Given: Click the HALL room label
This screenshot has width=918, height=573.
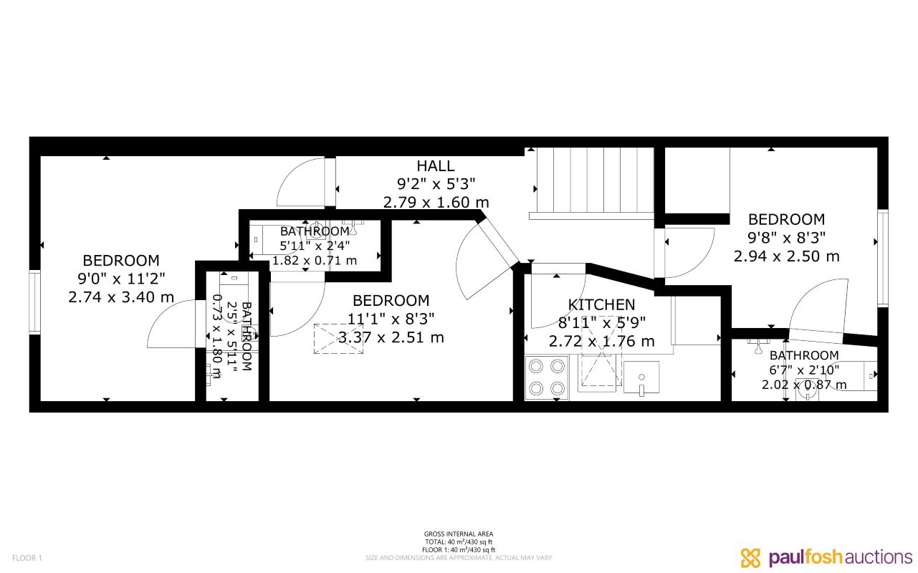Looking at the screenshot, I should click(436, 166).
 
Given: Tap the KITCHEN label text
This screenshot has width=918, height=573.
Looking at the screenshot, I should click(601, 305).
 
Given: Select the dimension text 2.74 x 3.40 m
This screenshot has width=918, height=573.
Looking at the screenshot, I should click(121, 297).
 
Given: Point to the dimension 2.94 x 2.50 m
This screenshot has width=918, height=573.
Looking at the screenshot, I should click(786, 256).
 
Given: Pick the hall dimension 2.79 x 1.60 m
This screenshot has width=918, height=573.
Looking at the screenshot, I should click(436, 203).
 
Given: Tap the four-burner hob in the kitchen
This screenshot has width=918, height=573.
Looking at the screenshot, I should click(547, 377).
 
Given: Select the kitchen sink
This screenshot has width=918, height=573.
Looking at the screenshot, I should click(641, 378).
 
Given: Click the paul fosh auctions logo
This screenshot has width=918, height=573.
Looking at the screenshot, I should click(826, 557).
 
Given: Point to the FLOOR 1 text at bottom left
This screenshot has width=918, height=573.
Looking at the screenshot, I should click(28, 558).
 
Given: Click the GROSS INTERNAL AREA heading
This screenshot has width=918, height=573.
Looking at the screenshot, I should click(459, 534).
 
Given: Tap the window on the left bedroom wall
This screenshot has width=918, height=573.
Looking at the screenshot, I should click(34, 301).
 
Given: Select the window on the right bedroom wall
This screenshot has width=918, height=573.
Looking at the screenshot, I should click(883, 258).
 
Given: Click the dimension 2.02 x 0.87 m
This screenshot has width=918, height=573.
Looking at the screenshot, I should click(803, 385).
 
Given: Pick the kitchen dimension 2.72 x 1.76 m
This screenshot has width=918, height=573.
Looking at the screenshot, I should click(601, 342).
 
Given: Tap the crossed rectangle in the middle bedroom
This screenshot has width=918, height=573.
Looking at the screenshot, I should click(338, 338).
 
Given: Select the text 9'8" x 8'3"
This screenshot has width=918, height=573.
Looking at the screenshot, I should click(786, 238).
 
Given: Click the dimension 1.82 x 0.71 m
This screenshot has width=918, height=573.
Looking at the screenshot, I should click(314, 260).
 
